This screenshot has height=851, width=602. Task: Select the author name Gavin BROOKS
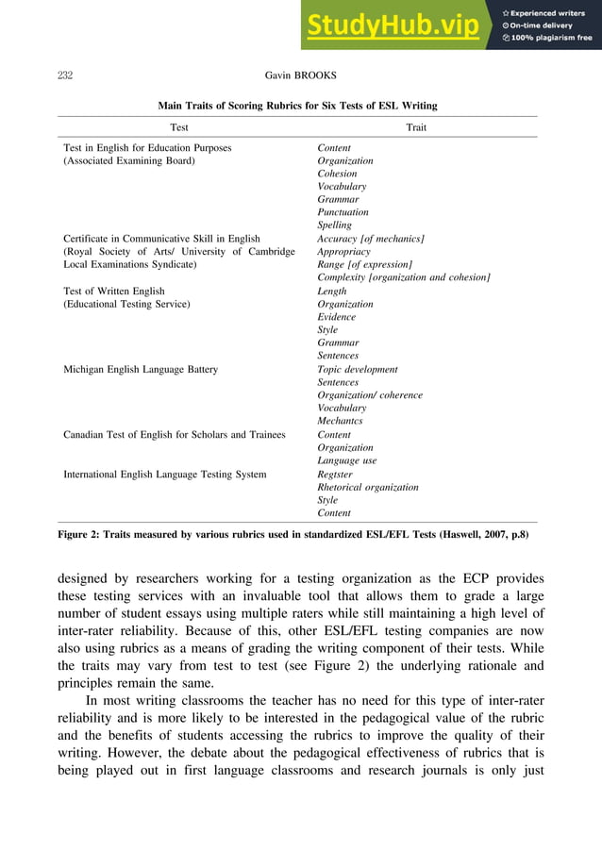pos(300,74)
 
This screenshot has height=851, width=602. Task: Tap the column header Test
pos(179,126)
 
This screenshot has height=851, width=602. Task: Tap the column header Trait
pos(416,126)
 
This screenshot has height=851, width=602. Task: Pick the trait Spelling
pos(335,225)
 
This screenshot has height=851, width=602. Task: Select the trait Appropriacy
pos(344,252)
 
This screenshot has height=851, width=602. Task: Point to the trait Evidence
pos(338,318)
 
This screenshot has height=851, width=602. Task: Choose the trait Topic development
pos(358,370)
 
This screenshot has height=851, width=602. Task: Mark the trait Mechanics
pos(340,421)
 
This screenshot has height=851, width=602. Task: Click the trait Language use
pos(347,460)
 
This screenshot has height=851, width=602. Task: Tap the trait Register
pos(337,474)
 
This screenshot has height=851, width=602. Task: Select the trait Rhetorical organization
pos(368,487)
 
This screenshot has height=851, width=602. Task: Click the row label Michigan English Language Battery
pos(141,370)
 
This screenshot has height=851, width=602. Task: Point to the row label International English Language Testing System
pos(164,474)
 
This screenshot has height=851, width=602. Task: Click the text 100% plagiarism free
pos(552,38)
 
